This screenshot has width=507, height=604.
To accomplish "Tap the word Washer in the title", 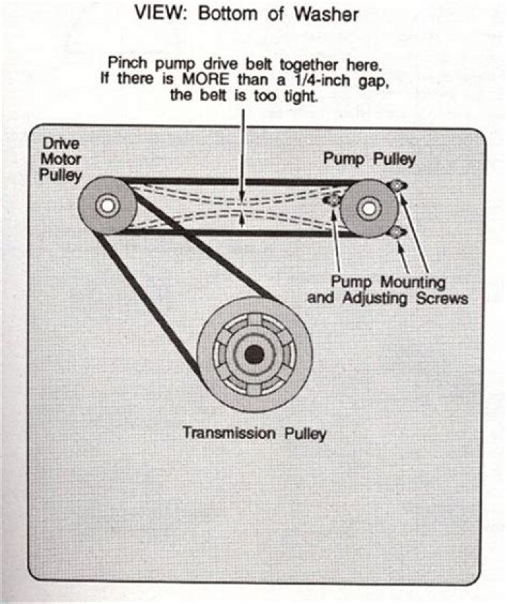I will [x=330, y=15].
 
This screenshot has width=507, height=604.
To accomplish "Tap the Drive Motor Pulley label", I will [x=60, y=159].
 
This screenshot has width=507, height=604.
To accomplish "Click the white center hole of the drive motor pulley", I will [x=107, y=207].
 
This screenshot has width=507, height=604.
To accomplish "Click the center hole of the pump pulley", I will [x=367, y=207].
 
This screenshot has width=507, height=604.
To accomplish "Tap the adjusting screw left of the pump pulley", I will [x=333, y=202].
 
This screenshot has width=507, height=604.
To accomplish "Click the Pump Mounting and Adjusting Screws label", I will [x=387, y=290].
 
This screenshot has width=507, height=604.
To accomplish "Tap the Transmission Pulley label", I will [x=254, y=432].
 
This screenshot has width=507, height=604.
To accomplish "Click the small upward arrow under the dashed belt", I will [x=242, y=221].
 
